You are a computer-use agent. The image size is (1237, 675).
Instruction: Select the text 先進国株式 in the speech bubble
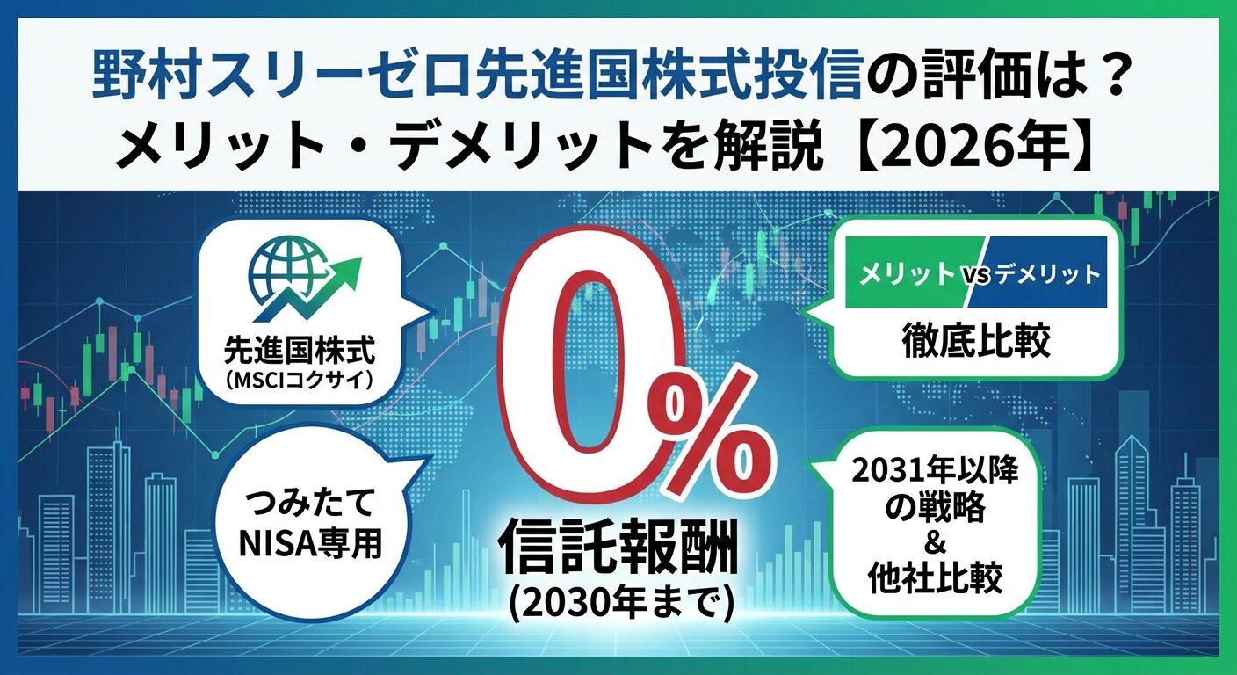tap(300, 351)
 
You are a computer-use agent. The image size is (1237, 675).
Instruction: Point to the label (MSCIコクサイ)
tap(299, 381)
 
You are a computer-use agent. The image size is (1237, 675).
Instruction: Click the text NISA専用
tap(309, 544)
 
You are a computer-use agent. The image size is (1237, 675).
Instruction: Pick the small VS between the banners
tap(978, 274)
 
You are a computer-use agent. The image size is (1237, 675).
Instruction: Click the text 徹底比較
tap(976, 341)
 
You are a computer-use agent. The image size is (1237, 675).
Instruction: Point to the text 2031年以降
tap(936, 471)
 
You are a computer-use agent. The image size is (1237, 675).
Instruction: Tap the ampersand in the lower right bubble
tap(935, 544)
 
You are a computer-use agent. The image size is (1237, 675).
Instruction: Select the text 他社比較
tap(936, 579)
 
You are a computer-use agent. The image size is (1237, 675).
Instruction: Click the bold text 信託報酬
tap(618, 545)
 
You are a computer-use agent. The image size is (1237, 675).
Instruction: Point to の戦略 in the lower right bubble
tap(935, 508)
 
